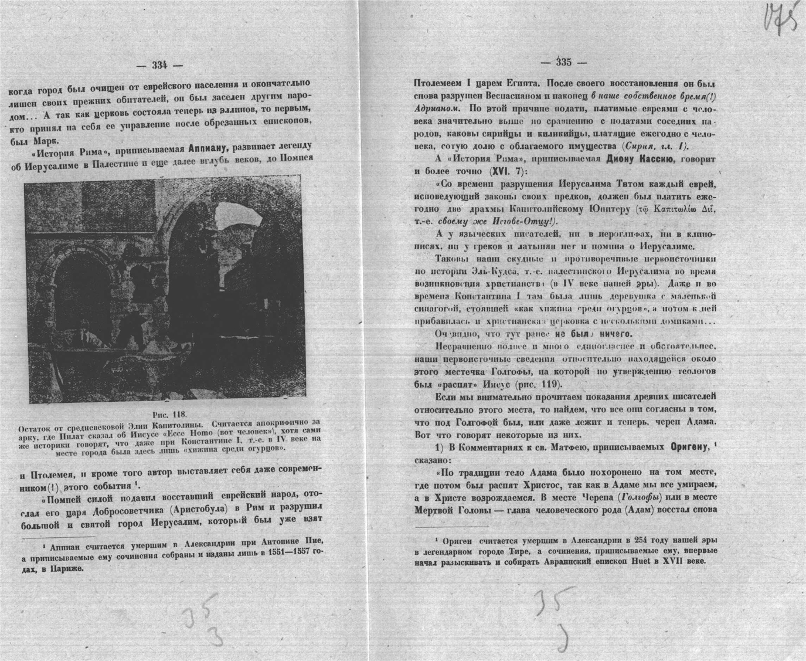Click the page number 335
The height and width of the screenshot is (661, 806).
[564, 62]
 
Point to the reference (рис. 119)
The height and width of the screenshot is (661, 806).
[536, 385]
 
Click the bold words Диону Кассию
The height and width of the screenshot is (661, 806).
[644, 158]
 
